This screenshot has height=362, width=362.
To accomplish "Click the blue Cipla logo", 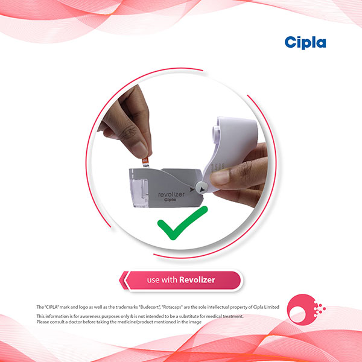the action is pos(305,43).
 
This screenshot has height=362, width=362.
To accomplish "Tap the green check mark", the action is pos(182,223).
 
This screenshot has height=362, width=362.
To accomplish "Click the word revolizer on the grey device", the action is pos(171,194).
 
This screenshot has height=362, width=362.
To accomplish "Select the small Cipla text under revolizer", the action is pos(170,200).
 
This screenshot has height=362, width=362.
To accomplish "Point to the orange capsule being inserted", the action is pos(145,162).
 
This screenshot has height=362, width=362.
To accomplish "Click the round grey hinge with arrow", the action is pos(202,187).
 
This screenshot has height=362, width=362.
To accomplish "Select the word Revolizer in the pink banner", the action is pos(197,280).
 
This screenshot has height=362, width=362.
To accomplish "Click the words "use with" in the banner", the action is pos(162,280).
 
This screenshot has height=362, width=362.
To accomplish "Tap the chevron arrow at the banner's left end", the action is pos(124,281).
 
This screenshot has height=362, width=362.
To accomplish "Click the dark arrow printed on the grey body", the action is pos(192,189).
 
